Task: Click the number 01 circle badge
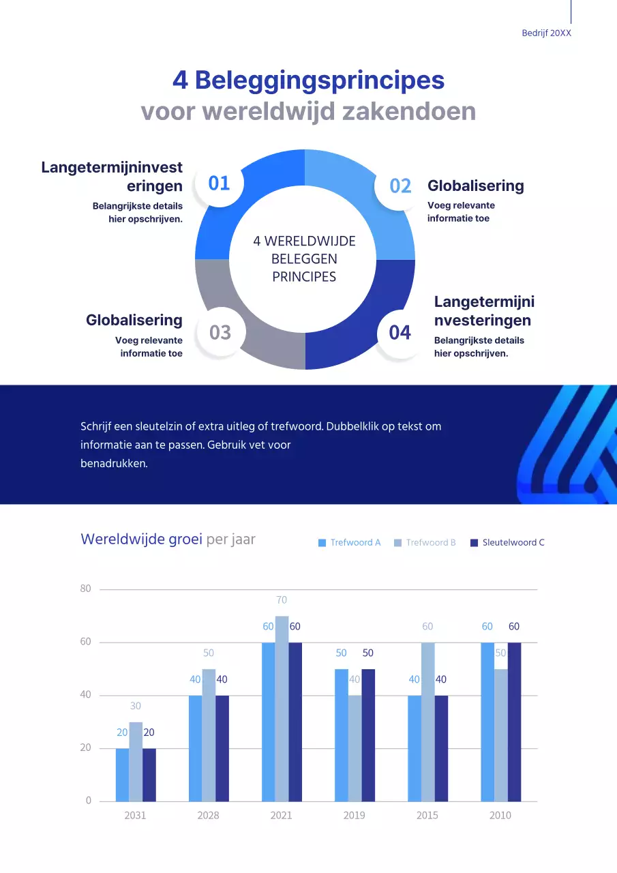click(x=219, y=183)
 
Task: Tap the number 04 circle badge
click(x=400, y=333)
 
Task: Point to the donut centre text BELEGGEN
click(x=304, y=259)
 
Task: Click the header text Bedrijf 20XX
click(x=546, y=33)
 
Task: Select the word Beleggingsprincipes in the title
click(x=319, y=80)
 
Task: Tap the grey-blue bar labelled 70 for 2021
click(x=282, y=709)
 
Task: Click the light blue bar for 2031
click(x=122, y=775)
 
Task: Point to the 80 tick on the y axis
click(x=85, y=589)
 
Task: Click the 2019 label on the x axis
click(x=354, y=815)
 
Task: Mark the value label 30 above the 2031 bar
click(x=135, y=706)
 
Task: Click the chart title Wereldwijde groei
click(x=141, y=539)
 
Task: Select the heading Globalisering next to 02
click(x=475, y=186)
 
